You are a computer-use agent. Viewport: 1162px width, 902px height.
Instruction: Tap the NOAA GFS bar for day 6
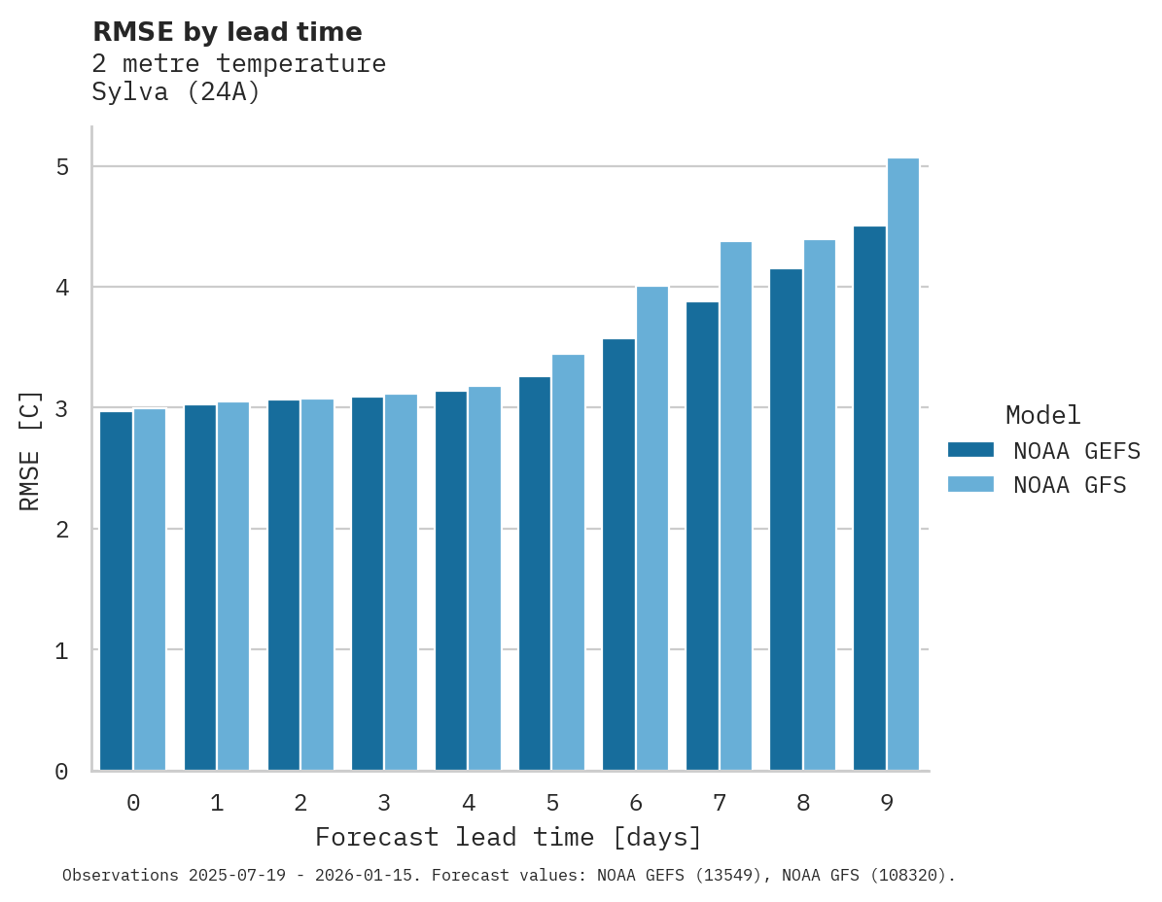tap(652, 529)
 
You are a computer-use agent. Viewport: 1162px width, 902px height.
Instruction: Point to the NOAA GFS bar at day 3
tap(402, 582)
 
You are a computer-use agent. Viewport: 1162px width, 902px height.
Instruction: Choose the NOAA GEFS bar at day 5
tap(535, 573)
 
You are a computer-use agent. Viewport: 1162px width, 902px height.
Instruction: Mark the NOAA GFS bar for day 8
tap(820, 505)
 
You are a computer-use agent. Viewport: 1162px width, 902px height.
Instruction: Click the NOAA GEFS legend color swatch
tap(970, 450)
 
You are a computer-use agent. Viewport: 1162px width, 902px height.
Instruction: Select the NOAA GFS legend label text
tap(1070, 485)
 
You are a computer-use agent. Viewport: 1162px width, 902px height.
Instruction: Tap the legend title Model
tap(1042, 416)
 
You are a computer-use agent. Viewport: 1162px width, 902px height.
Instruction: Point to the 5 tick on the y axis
tap(62, 167)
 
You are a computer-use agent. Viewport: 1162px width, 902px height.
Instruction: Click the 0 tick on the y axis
tap(62, 772)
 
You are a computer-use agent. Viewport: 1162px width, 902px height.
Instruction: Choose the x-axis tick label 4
tap(469, 804)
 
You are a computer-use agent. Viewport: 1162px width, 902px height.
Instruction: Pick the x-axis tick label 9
tap(887, 804)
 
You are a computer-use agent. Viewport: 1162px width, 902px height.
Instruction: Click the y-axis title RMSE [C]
tap(30, 450)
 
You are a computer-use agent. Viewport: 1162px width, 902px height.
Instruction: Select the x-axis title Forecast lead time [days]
tap(508, 838)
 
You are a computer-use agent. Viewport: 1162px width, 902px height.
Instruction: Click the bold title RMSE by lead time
tap(227, 32)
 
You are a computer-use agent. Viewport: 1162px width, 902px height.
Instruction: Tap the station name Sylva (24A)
tap(176, 93)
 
